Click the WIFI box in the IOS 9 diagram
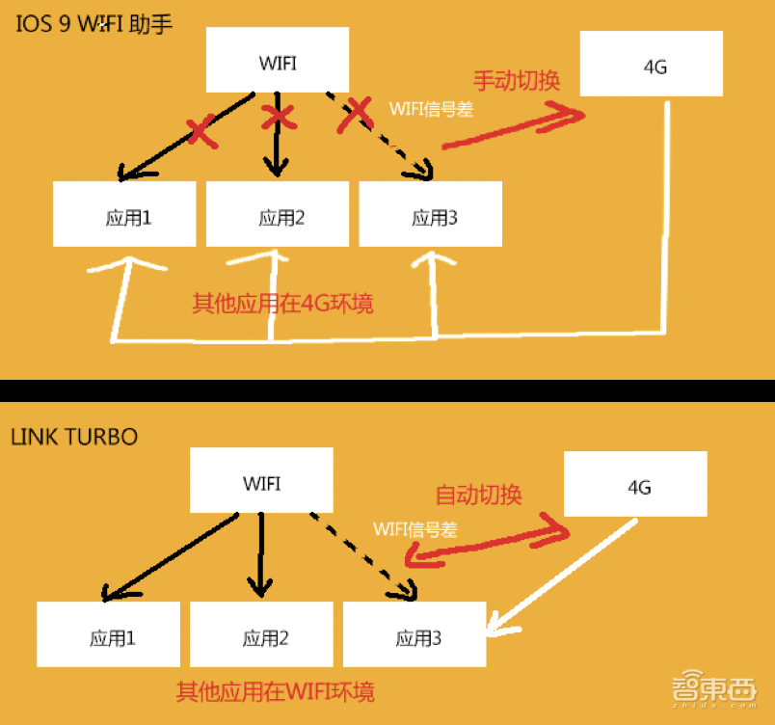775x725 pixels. point(278,60)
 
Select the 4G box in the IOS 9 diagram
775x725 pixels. point(652,64)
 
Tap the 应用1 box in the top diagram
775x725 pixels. point(124,214)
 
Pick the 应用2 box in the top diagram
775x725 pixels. point(278,214)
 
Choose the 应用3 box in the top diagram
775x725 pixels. point(431,214)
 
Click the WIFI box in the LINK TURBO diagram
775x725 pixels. point(261,480)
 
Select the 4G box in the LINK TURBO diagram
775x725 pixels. point(635,484)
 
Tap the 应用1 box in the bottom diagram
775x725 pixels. point(108,634)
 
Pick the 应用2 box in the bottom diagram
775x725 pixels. point(261,634)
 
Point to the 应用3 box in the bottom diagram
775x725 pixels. point(414,634)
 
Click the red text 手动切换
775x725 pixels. point(517,81)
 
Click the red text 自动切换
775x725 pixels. point(478,495)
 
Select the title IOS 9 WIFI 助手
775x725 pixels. point(94,24)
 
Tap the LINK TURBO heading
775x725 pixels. point(74,437)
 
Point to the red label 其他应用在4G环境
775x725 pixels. point(282,304)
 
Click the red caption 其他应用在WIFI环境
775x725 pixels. point(276,691)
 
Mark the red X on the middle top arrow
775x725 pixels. point(279,118)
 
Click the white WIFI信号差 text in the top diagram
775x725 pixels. point(431,109)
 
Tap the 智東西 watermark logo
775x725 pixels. point(714,688)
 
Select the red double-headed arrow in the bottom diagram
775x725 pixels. point(487,541)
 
